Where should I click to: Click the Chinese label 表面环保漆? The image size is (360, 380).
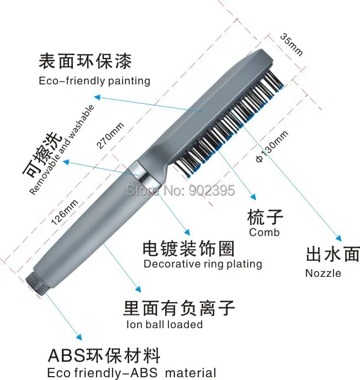coord(85,60)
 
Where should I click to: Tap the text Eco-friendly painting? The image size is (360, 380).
coord(94,81)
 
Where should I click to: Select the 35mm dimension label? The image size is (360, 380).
coord(292,45)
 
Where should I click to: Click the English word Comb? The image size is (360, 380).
coord(264,232)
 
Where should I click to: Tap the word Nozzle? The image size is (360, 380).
coord(323,272)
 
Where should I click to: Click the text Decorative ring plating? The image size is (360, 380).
coord(203,264)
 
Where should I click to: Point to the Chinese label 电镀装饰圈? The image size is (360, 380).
coord(188,247)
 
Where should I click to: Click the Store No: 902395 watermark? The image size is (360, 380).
coord(181,191)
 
